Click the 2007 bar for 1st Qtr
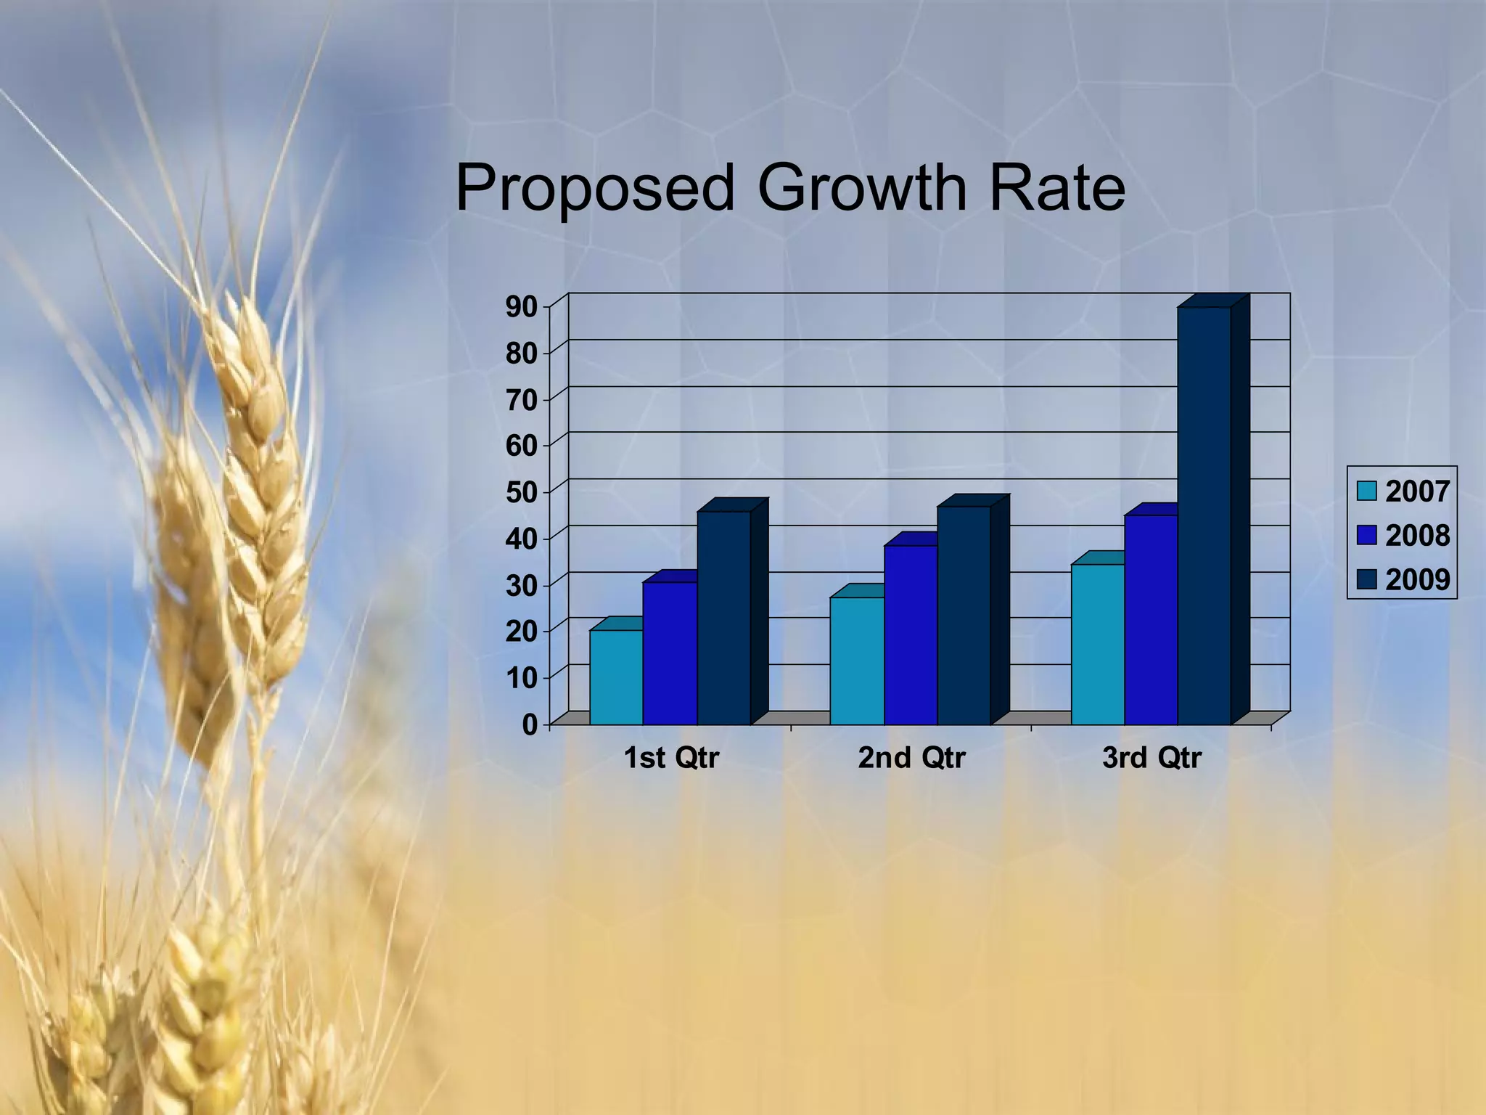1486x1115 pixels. click(616, 677)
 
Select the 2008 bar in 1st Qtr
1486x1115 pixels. click(670, 653)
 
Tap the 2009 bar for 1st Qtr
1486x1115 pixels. click(723, 617)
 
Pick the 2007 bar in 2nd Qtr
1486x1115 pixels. click(857, 661)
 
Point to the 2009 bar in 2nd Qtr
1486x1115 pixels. click(964, 615)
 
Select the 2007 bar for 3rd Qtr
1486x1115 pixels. click(1098, 644)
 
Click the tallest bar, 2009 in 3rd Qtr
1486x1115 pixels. click(1204, 515)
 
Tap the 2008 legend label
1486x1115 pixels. click(1417, 536)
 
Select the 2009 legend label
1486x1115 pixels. click(1417, 580)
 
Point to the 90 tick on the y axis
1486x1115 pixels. click(521, 307)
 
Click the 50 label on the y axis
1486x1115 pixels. click(521, 493)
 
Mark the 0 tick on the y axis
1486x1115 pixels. click(530, 724)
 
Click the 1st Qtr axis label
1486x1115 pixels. click(671, 758)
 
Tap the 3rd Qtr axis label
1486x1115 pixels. click(1152, 758)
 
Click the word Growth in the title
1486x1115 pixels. click(862, 188)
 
